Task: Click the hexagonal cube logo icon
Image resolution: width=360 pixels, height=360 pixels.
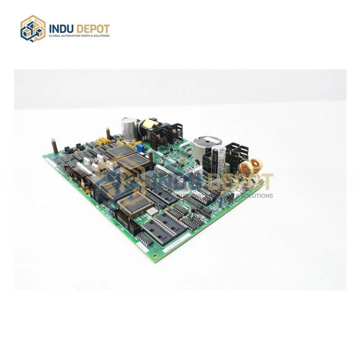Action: click(33, 28)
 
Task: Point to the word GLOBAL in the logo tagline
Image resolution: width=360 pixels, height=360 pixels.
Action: click(54, 36)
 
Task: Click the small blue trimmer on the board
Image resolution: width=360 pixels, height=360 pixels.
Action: click(140, 147)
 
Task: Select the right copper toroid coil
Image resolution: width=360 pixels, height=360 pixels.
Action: click(256, 165)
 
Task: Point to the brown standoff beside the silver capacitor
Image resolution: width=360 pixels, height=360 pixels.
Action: click(108, 133)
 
